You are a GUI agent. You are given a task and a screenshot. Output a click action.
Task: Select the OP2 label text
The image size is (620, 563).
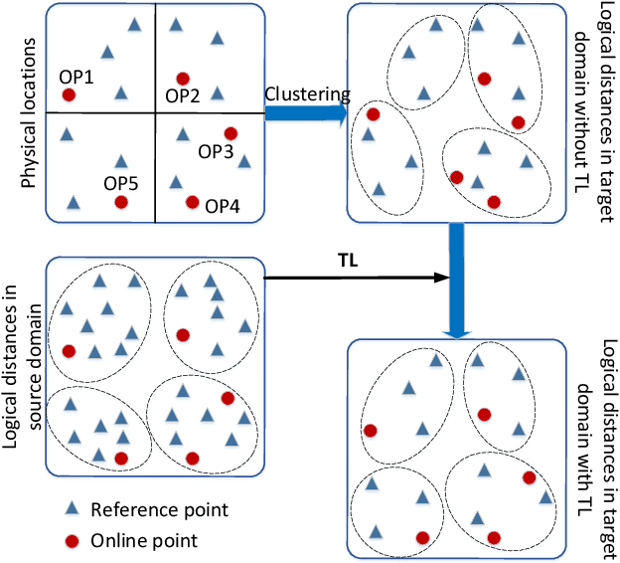(x=182, y=95)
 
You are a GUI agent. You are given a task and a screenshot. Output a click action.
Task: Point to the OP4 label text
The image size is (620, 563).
(x=225, y=207)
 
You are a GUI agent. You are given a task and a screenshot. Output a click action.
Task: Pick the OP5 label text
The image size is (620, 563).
(x=121, y=183)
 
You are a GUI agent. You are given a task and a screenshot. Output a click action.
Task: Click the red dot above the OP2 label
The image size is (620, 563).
(x=183, y=78)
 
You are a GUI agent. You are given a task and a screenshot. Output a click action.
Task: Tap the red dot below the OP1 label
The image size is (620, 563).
(x=68, y=95)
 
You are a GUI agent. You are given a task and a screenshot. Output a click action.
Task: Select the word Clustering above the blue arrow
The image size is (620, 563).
(x=307, y=94)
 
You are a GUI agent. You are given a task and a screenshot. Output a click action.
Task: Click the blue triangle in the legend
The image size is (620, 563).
(x=72, y=509)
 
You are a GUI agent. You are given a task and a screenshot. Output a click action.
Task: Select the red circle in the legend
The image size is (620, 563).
(x=72, y=540)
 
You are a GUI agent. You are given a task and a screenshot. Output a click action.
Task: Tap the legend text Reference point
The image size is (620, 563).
(x=159, y=510)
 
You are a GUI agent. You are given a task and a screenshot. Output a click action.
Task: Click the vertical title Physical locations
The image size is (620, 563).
(x=27, y=115)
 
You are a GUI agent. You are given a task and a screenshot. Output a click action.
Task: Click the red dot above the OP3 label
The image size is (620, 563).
(x=231, y=133)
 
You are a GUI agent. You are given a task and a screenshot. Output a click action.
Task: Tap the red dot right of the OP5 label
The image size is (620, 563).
(x=121, y=202)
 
